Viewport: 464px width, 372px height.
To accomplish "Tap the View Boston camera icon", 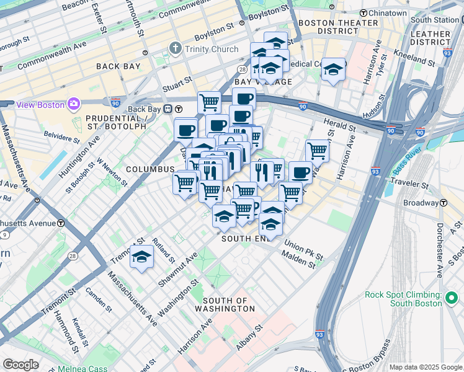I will tap(74, 104).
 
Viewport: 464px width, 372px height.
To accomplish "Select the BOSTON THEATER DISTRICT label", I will tap(338, 27).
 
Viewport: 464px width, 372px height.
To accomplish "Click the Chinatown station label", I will tap(387, 13).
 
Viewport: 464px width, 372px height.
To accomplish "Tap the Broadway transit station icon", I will tap(444, 203).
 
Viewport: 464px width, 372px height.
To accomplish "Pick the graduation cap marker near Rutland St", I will tap(141, 257).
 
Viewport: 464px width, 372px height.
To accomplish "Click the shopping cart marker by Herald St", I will tap(317, 149).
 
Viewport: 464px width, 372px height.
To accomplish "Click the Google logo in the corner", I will tap(20, 364).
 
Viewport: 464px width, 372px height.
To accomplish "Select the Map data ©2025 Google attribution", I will tap(425, 367).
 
